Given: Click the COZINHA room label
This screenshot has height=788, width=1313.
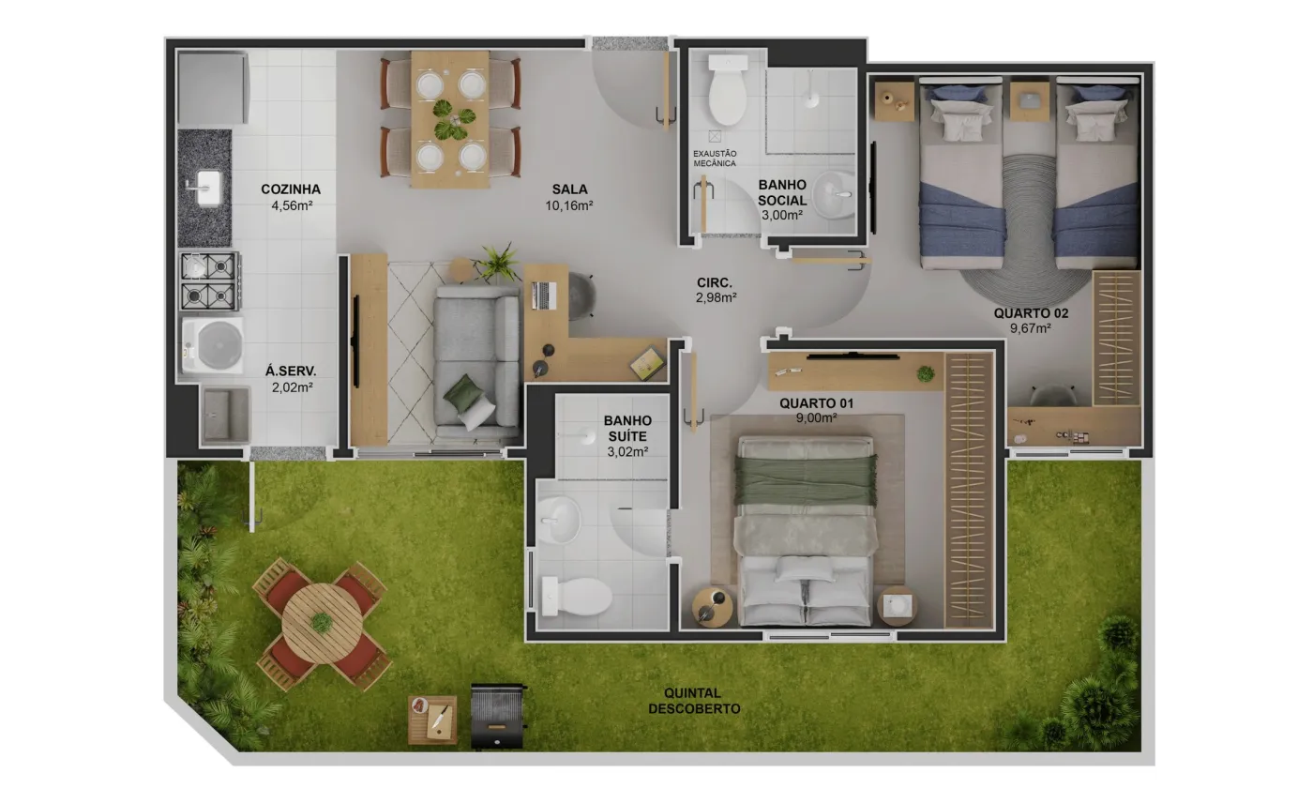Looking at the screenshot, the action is pos(291,189).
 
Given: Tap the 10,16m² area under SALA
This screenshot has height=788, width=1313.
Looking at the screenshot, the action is pos(568,205).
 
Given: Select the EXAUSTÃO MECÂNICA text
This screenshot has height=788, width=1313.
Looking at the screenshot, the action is pos(715,159).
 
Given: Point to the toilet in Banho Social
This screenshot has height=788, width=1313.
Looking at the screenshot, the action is pos(728,90).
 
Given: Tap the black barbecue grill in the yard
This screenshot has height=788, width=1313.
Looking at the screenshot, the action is pos(498,717).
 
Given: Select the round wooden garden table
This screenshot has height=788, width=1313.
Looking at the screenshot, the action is pos(321,623).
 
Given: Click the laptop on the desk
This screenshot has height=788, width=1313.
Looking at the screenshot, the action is pos(543,295).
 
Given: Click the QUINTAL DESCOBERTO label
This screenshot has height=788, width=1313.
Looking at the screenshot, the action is pos(694,702).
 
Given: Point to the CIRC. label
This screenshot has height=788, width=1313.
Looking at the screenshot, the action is pos(714,282).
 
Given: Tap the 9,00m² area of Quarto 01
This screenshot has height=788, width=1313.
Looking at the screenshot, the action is pos(816,418).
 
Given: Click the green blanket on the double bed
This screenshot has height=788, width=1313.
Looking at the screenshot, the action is pos(806,480).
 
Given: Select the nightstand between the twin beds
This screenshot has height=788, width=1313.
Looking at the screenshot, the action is pos(1030,101).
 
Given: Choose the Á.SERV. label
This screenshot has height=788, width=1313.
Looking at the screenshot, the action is pos(291,371).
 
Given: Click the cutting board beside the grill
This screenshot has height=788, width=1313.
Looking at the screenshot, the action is pos(432,720).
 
